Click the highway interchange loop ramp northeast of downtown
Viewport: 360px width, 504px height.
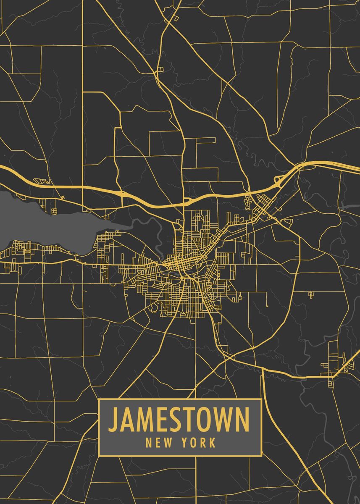(278, 181)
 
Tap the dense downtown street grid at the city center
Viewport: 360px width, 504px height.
(179, 265)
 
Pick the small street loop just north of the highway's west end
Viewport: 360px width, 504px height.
(42, 181)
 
